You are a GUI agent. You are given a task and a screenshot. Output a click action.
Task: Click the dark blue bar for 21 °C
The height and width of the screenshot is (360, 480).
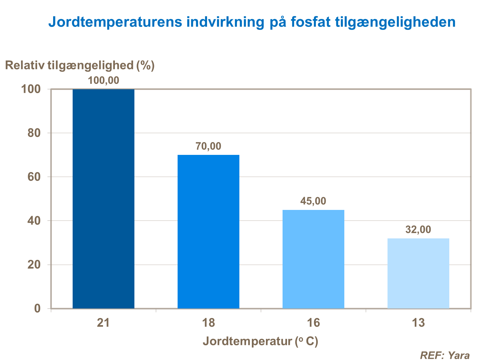[x=103, y=198]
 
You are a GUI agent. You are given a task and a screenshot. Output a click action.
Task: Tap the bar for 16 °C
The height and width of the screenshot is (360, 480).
[x=313, y=259]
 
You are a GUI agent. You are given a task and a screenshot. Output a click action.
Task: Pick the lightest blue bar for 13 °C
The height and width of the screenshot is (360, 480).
[x=418, y=273]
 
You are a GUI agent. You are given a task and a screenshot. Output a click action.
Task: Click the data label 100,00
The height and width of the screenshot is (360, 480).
[x=103, y=80]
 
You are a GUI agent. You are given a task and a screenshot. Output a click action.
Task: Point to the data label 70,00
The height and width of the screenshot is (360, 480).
[x=208, y=146]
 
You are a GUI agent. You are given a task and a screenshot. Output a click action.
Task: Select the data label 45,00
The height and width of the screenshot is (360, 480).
[x=313, y=201]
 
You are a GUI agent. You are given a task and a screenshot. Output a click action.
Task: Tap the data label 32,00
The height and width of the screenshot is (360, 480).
[x=418, y=229]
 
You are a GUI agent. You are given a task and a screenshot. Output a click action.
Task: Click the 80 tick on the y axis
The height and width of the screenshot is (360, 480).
[x=34, y=133]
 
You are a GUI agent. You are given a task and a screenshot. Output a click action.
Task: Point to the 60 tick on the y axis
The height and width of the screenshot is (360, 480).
[x=34, y=177]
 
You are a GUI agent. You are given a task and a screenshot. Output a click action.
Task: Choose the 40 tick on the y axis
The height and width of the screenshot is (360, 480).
[x=34, y=221]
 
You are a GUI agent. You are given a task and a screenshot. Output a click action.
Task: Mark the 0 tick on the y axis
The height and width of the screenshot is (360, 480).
[x=37, y=308]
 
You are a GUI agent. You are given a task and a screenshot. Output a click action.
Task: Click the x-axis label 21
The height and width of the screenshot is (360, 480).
[x=103, y=323]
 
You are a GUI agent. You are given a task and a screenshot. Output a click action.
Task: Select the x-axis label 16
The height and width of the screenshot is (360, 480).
[x=313, y=323]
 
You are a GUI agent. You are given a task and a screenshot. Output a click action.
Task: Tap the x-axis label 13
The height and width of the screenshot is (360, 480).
[x=418, y=323]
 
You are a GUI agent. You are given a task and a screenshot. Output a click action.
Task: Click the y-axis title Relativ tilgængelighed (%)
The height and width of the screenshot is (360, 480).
[x=80, y=65]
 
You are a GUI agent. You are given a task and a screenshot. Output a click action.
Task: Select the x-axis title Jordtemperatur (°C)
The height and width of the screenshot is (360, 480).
[x=260, y=341]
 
